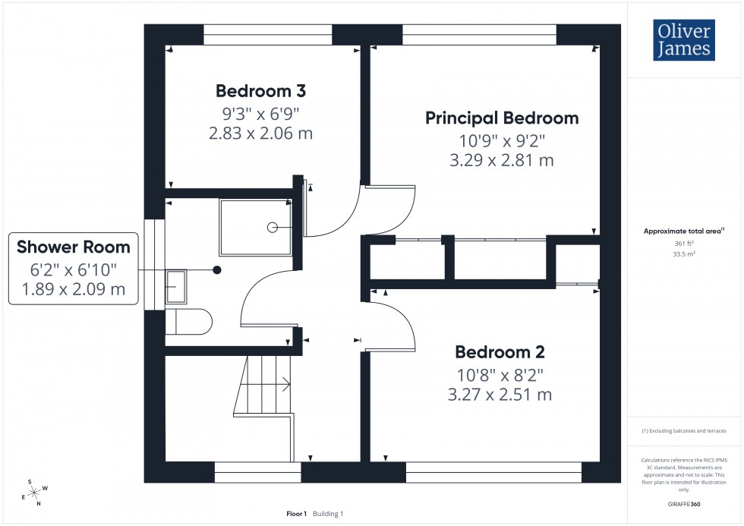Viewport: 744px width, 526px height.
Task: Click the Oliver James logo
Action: click(x=683, y=41)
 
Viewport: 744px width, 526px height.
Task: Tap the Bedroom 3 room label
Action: click(x=260, y=91)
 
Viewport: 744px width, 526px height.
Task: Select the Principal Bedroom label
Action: click(x=501, y=118)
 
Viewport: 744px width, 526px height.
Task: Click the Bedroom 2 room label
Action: click(x=500, y=352)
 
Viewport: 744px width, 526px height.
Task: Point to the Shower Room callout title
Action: click(x=74, y=247)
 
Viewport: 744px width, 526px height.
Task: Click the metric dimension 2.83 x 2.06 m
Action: click(x=260, y=133)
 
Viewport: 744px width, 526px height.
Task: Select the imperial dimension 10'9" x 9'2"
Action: click(x=501, y=140)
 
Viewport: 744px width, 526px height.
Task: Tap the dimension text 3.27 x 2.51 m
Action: click(x=500, y=395)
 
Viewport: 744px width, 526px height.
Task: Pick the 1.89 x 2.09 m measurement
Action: click(x=74, y=289)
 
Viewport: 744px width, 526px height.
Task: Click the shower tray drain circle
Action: click(x=273, y=227)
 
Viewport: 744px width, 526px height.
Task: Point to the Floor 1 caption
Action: click(x=296, y=514)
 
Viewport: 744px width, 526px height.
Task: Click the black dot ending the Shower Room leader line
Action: click(x=217, y=269)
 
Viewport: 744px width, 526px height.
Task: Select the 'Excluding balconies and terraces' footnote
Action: click(x=684, y=430)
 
